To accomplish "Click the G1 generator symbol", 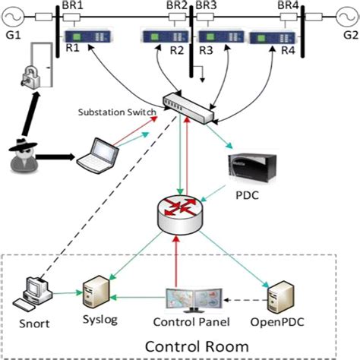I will click(x=14, y=17).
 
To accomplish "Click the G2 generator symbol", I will click(x=346, y=17).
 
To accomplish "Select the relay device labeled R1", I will click(x=78, y=37).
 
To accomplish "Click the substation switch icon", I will click(x=187, y=103).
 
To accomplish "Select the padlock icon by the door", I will click(x=32, y=74).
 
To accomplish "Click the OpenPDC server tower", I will click(x=280, y=292).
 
